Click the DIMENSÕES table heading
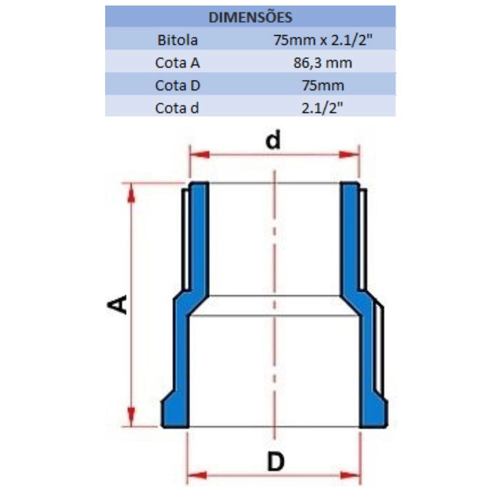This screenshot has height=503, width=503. coord(250,17)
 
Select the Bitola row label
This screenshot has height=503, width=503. coord(178,40)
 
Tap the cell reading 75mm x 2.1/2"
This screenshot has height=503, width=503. coord(323,40)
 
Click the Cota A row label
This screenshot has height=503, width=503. coord(178,62)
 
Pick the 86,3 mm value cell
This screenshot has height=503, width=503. coord(323,63)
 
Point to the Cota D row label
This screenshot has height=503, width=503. coord(178,86)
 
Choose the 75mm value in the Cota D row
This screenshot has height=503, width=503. coord(323,86)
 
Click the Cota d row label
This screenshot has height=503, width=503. coord(177,108)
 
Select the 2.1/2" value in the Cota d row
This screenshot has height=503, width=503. coord(322,108)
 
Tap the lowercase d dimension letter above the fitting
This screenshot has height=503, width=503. coord(273,140)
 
